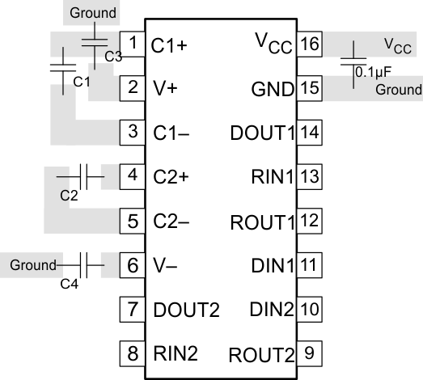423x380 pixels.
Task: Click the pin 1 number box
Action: click(x=133, y=43)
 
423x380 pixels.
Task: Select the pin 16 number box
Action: click(x=308, y=43)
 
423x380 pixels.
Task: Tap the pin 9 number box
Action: click(x=308, y=353)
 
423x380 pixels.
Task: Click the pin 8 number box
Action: click(x=133, y=353)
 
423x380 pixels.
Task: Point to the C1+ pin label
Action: click(x=169, y=45)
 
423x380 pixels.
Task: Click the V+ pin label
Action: click(x=163, y=87)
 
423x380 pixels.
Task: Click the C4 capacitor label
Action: click(x=70, y=282)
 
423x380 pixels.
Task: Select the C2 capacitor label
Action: click(x=70, y=194)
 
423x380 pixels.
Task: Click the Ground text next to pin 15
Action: click(x=399, y=89)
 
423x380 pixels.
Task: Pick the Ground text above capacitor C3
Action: click(x=94, y=13)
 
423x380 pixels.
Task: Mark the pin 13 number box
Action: click(x=308, y=175)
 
